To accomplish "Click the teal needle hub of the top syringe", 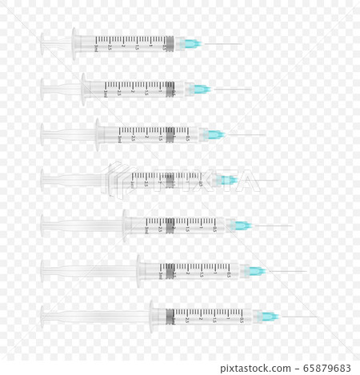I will pos(193,43).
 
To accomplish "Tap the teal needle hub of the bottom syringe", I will pos(270,317).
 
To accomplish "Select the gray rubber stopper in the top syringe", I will pos(169,43).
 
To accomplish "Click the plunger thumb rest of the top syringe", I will pos(42,43).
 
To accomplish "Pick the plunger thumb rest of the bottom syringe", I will pos(42,317).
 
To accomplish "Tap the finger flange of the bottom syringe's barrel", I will pos(152,317).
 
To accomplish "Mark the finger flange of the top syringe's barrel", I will pos(75,43).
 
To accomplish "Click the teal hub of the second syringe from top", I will pos(202,89).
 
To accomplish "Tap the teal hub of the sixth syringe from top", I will pos(256,271).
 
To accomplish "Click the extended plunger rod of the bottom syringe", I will pos(96,317).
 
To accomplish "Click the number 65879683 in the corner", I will pos(327,368).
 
